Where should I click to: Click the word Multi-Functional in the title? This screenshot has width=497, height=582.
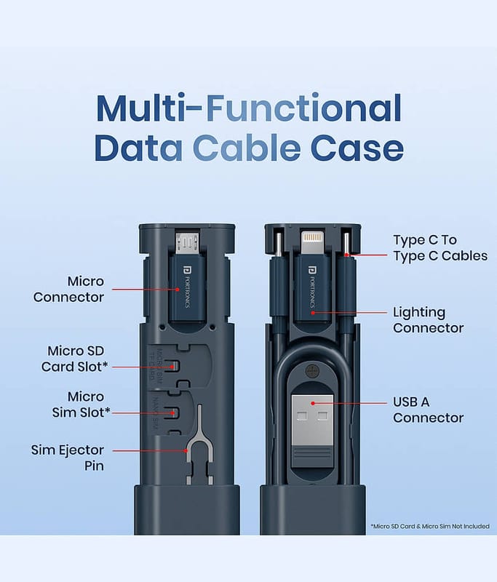tap(248, 108)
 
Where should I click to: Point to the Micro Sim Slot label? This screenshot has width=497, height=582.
tap(78, 404)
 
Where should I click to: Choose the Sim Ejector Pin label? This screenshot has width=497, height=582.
tap(68, 458)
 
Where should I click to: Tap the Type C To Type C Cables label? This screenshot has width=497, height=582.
tap(440, 247)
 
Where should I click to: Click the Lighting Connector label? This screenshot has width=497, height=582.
tap(429, 320)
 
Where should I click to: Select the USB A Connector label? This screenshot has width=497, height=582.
tap(429, 410)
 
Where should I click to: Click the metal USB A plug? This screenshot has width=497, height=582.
tap(312, 418)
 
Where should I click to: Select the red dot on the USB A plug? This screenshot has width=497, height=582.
tap(312, 402)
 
